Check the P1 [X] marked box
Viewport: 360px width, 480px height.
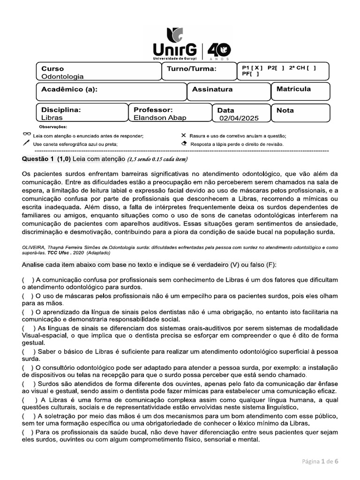(x=252, y=67)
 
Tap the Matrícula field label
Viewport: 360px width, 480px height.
(x=293, y=89)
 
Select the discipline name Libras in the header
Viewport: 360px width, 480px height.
(x=52, y=118)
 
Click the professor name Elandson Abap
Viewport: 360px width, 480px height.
(x=159, y=118)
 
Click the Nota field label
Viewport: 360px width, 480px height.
(x=285, y=110)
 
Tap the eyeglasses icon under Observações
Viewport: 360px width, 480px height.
(x=26, y=135)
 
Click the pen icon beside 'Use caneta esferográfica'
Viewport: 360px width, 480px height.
(x=26, y=143)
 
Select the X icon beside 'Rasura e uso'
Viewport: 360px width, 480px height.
(x=183, y=135)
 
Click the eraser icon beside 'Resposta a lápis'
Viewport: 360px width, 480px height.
(x=183, y=143)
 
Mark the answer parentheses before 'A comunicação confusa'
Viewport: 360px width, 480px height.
(x=27, y=279)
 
